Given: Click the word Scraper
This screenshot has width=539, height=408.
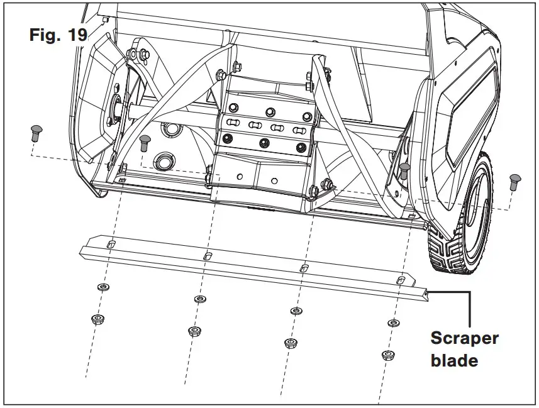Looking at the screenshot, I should (464, 338).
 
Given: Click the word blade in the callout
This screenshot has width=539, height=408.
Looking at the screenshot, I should (454, 361).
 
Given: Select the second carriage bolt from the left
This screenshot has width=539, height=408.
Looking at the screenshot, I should (145, 141).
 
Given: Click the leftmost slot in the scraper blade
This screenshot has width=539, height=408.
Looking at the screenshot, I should (111, 244).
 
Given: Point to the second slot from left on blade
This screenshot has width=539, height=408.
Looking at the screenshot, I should (207, 256).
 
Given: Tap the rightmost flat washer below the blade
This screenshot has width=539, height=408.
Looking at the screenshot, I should (392, 323).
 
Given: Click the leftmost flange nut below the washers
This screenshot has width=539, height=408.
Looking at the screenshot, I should (97, 319).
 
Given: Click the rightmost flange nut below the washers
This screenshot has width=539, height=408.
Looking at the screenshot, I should (388, 355).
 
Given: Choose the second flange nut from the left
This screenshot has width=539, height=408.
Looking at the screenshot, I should (194, 331).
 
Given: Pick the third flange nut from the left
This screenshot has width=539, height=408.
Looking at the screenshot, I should (291, 343).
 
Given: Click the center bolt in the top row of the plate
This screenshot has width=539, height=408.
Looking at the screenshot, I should (270, 111).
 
